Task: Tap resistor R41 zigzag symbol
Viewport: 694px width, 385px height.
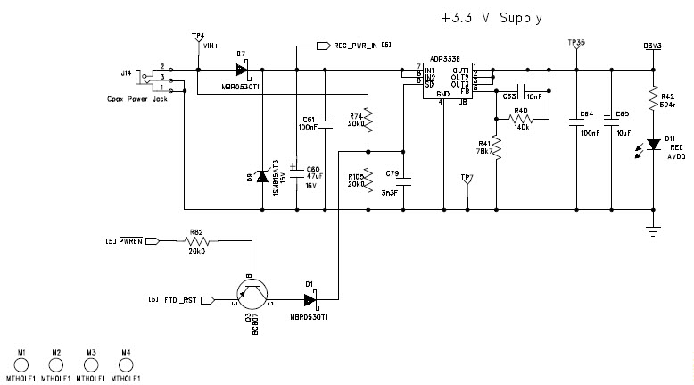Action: (496, 148)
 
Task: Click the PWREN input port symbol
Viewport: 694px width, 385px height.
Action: (153, 241)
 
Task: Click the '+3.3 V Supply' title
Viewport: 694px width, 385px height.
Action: (491, 18)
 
